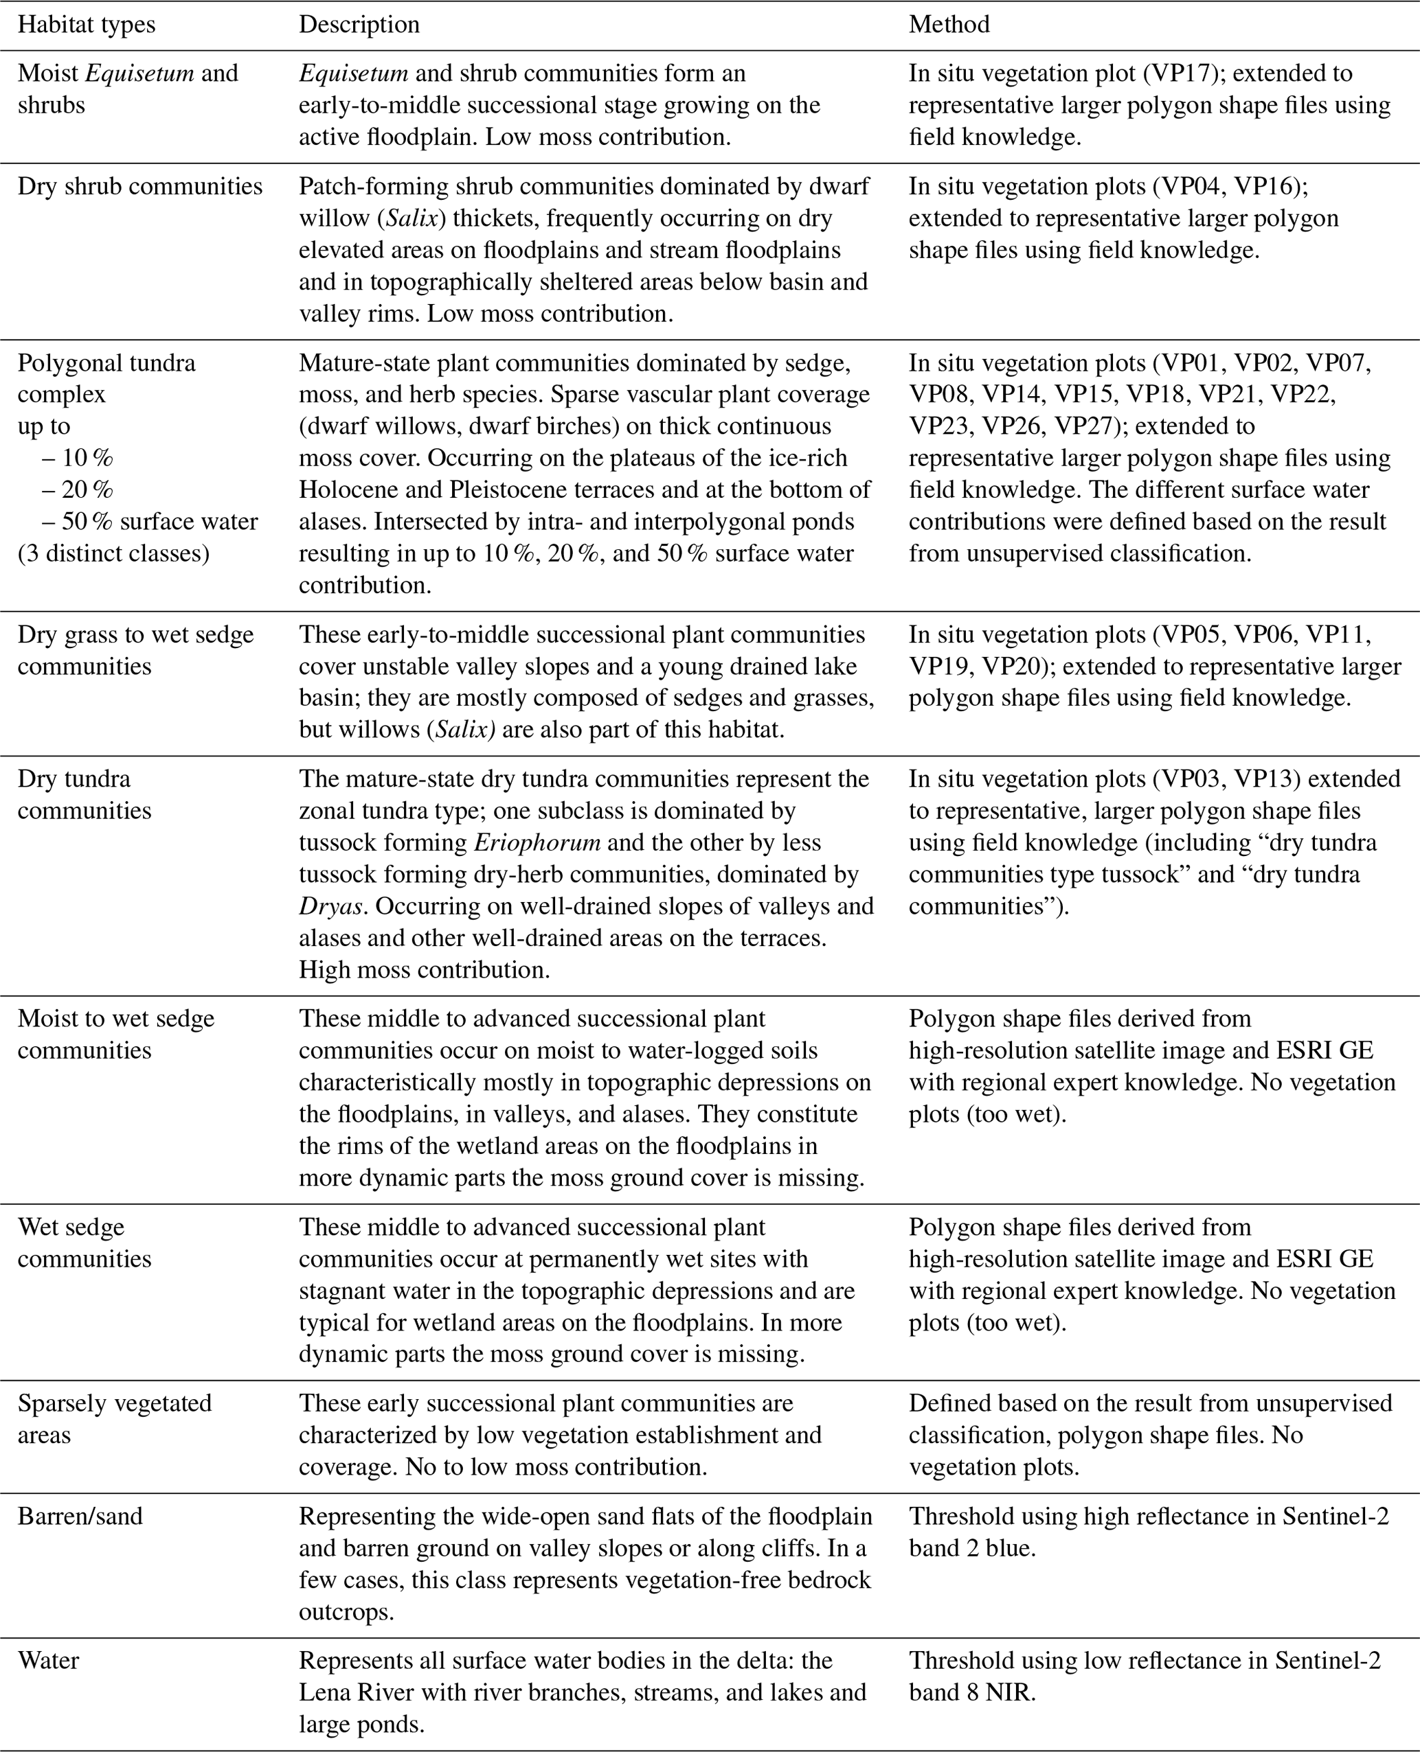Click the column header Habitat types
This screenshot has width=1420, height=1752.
86,25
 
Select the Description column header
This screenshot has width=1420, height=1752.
359,25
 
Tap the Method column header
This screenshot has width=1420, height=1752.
949,25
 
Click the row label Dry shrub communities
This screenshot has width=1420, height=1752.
140,187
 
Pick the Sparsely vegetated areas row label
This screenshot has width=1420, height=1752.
115,1418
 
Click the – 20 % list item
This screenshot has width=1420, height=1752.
78,489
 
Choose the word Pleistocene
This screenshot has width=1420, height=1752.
501,489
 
